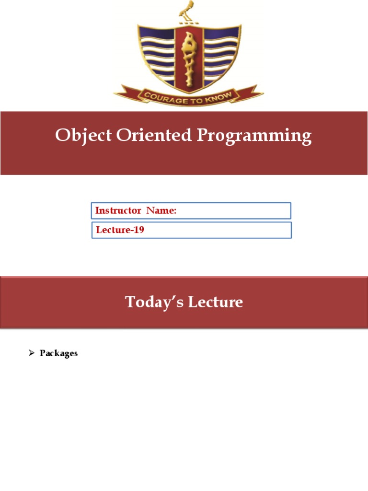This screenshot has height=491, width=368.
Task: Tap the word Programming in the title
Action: point(254,136)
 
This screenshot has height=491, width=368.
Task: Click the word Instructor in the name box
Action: point(118,210)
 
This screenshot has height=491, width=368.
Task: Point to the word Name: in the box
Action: point(161,210)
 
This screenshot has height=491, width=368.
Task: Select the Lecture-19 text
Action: point(120,230)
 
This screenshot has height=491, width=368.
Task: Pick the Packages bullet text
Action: point(58,353)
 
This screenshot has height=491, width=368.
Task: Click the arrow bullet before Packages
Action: point(31,353)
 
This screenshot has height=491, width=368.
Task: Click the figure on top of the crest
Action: point(187,12)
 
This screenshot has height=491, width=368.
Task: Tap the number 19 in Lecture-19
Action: point(139,230)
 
